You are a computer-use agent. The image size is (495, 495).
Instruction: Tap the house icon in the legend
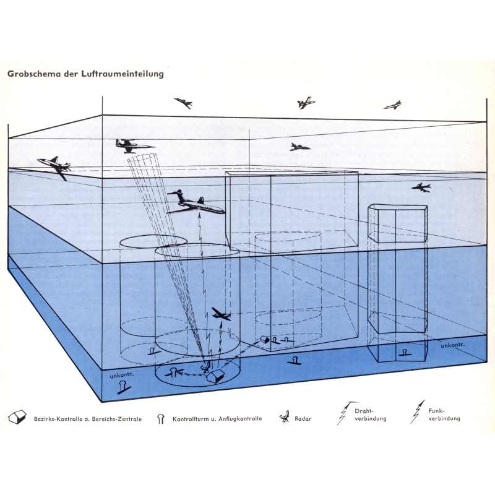click(17, 417)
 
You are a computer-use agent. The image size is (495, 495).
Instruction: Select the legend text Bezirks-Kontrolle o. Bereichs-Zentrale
click(88, 419)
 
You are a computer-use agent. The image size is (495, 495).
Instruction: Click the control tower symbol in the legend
click(161, 419)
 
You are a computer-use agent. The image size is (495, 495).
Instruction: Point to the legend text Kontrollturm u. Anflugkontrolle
click(217, 419)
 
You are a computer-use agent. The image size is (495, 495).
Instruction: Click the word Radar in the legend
click(303, 419)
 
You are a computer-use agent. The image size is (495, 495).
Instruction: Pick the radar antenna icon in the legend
click(285, 416)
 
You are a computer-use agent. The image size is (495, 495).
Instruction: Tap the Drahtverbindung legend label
click(370, 415)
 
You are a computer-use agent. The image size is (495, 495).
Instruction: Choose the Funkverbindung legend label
click(444, 415)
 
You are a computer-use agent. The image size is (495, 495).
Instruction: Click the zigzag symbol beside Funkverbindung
click(417, 412)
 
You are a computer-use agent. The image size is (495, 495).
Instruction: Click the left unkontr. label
click(122, 376)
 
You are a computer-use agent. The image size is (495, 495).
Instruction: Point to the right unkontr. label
click(453, 345)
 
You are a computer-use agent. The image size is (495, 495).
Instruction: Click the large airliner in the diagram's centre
click(196, 204)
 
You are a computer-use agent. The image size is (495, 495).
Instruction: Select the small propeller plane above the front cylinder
click(222, 314)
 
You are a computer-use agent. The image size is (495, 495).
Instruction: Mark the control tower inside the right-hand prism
click(405, 353)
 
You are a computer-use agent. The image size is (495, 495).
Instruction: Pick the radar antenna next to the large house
click(206, 366)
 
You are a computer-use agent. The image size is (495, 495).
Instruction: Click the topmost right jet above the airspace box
click(393, 105)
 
